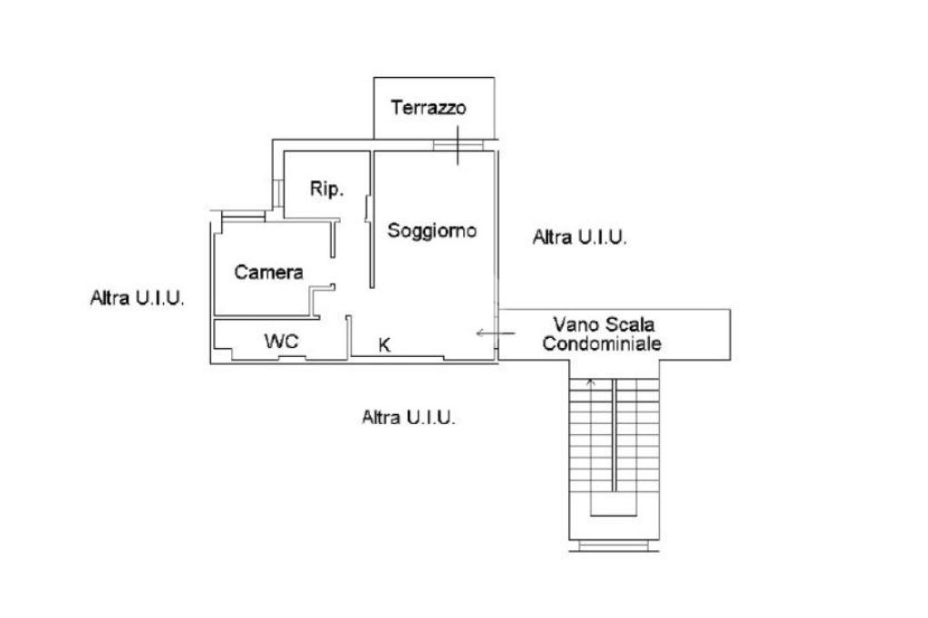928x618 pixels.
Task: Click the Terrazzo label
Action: coord(428,108)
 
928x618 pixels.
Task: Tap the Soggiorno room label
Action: coord(432,231)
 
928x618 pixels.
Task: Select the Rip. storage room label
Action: coord(325,189)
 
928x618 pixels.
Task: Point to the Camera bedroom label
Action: coord(268,272)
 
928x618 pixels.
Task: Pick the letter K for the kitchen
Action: coord(384,344)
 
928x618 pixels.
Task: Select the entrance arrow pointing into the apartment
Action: coord(496,333)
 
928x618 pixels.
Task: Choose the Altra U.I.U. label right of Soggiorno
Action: coord(580,237)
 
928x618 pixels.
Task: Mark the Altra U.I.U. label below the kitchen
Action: coord(408,418)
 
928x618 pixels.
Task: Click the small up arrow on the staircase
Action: coord(591,382)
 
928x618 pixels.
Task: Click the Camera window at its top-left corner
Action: coord(238,215)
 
